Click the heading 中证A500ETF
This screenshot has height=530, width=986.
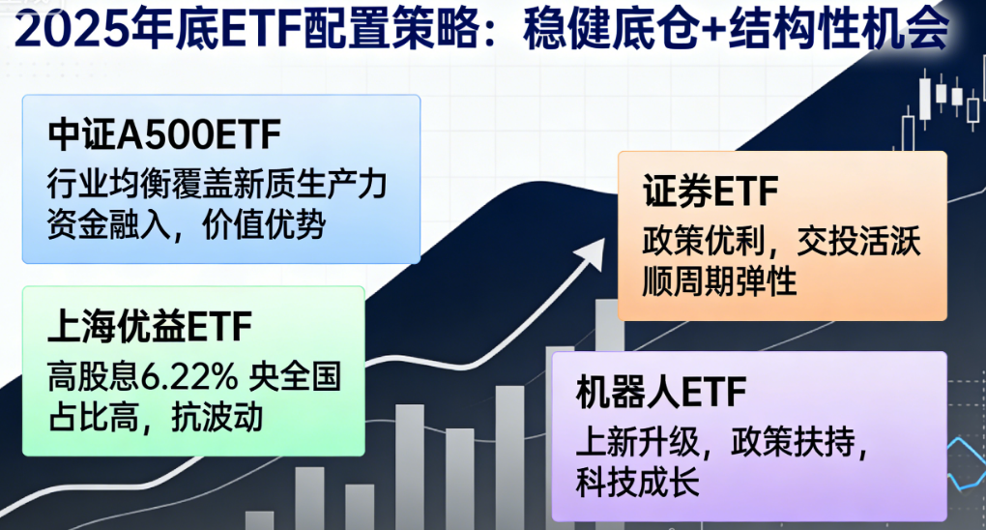click(x=164, y=134)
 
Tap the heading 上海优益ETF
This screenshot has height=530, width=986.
click(x=150, y=326)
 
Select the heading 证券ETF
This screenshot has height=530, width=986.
click(x=710, y=191)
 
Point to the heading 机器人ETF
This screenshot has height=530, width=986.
click(x=661, y=392)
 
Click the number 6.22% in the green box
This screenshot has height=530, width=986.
click(x=188, y=376)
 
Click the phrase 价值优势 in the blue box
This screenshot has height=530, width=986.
click(x=264, y=224)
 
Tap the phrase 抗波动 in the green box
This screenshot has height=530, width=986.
click(x=217, y=418)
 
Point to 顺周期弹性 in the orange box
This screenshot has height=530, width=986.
click(x=719, y=280)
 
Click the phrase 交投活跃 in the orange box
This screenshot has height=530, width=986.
click(x=859, y=241)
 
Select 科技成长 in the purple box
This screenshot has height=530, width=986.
click(x=637, y=483)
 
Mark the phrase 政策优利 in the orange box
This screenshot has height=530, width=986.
click(x=704, y=241)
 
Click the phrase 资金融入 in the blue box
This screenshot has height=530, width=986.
click(x=109, y=224)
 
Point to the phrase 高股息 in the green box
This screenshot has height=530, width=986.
click(x=93, y=376)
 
